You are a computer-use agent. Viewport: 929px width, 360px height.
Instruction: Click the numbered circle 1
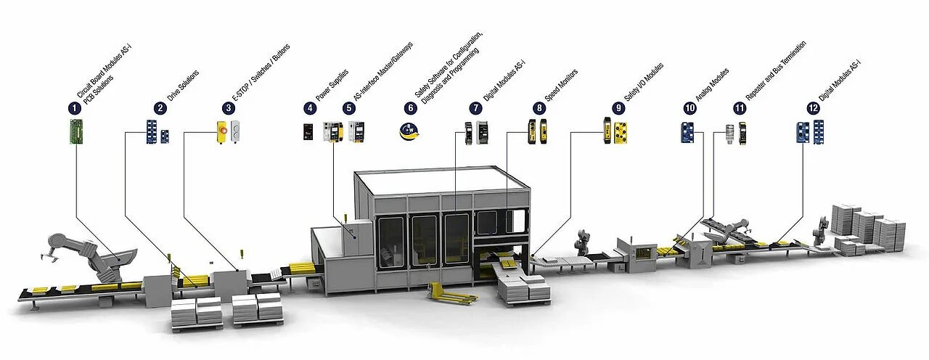pos(73,108)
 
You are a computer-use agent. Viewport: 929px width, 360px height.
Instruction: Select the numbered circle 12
pos(812,108)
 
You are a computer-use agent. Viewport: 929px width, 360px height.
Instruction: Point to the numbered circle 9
pos(618,108)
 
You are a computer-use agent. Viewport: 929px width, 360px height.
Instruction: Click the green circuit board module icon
pos(74,132)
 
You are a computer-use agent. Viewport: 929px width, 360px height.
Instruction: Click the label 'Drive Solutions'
pos(183,86)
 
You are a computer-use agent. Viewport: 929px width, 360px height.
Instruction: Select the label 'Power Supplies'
pos(332,84)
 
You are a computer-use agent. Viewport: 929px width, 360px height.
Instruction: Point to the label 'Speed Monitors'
pos(561,84)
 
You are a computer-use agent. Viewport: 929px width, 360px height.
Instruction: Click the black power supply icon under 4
pos(309,131)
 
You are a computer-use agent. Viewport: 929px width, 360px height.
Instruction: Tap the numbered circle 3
pos(229,108)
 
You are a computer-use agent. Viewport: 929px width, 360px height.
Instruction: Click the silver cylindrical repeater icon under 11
pos(729,133)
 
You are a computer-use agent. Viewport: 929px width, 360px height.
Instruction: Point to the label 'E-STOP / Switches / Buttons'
pos(255,77)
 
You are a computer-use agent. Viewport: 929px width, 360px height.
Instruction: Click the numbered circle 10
pos(689,108)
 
